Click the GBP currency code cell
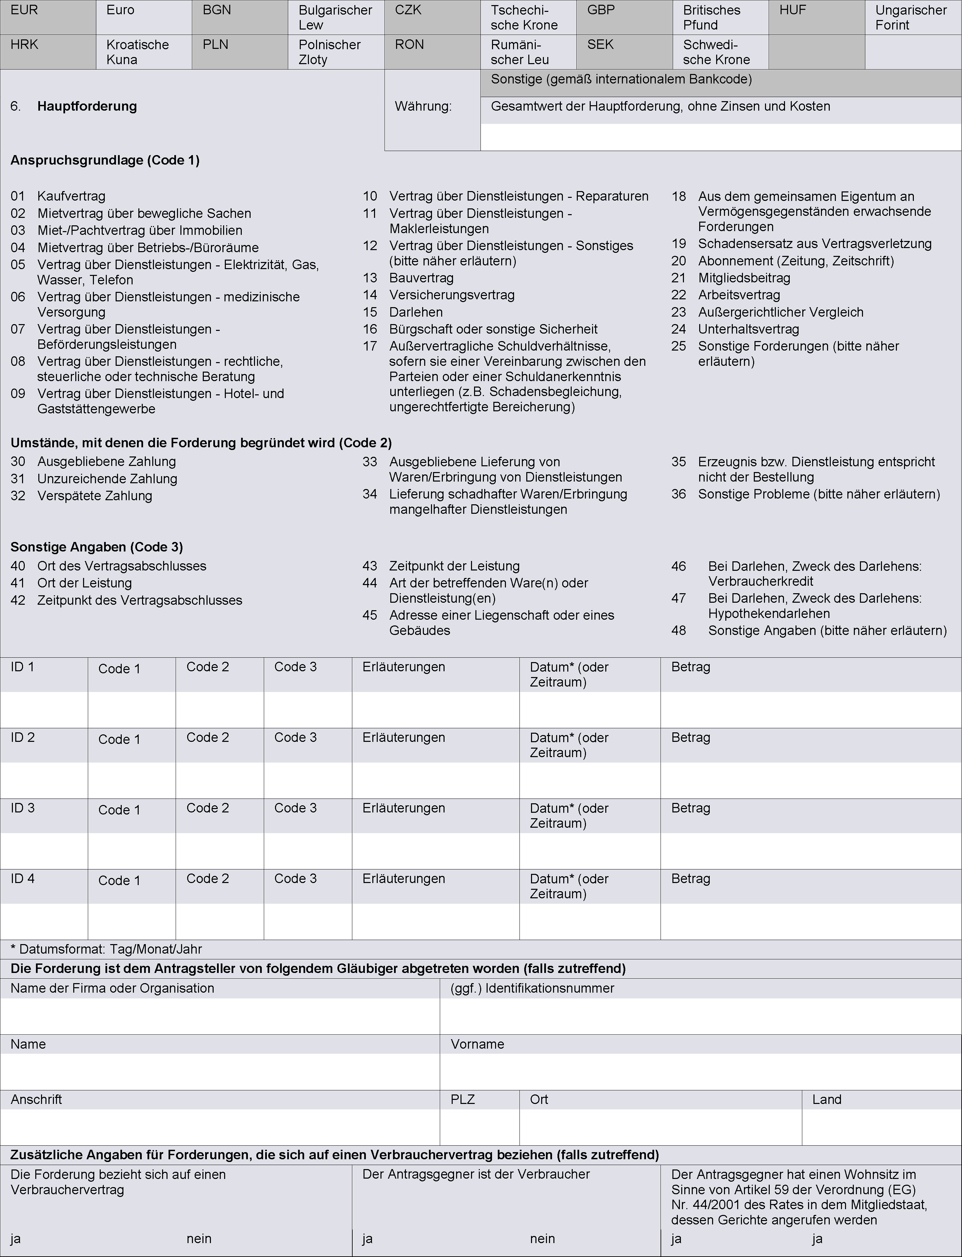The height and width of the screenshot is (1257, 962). pyautogui.click(x=601, y=10)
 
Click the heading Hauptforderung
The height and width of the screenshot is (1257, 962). pyautogui.click(x=87, y=107)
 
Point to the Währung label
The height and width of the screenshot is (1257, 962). pyautogui.click(x=423, y=107)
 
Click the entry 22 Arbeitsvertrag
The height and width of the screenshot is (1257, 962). pyautogui.click(x=739, y=295)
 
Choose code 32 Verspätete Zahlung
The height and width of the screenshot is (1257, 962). pyautogui.click(x=95, y=496)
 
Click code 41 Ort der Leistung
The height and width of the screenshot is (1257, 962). pyautogui.click(x=84, y=583)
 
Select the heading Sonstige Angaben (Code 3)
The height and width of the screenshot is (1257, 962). pyautogui.click(x=97, y=547)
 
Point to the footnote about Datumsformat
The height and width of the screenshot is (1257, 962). pyautogui.click(x=106, y=949)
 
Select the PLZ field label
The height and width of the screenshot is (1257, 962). pyautogui.click(x=463, y=1100)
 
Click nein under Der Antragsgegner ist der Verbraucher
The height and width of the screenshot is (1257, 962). pyautogui.click(x=542, y=1239)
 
